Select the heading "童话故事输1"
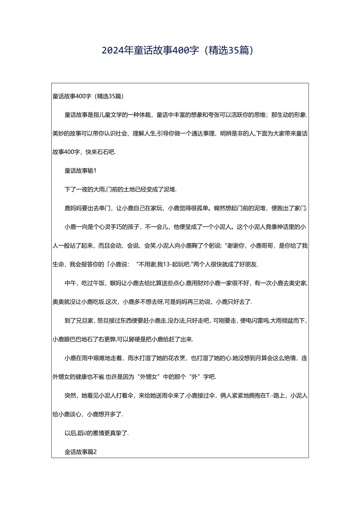coord(80,171)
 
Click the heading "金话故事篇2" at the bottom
coord(80,452)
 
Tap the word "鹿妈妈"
coord(73,208)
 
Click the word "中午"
coord(69,283)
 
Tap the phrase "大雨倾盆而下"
coord(287,320)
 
